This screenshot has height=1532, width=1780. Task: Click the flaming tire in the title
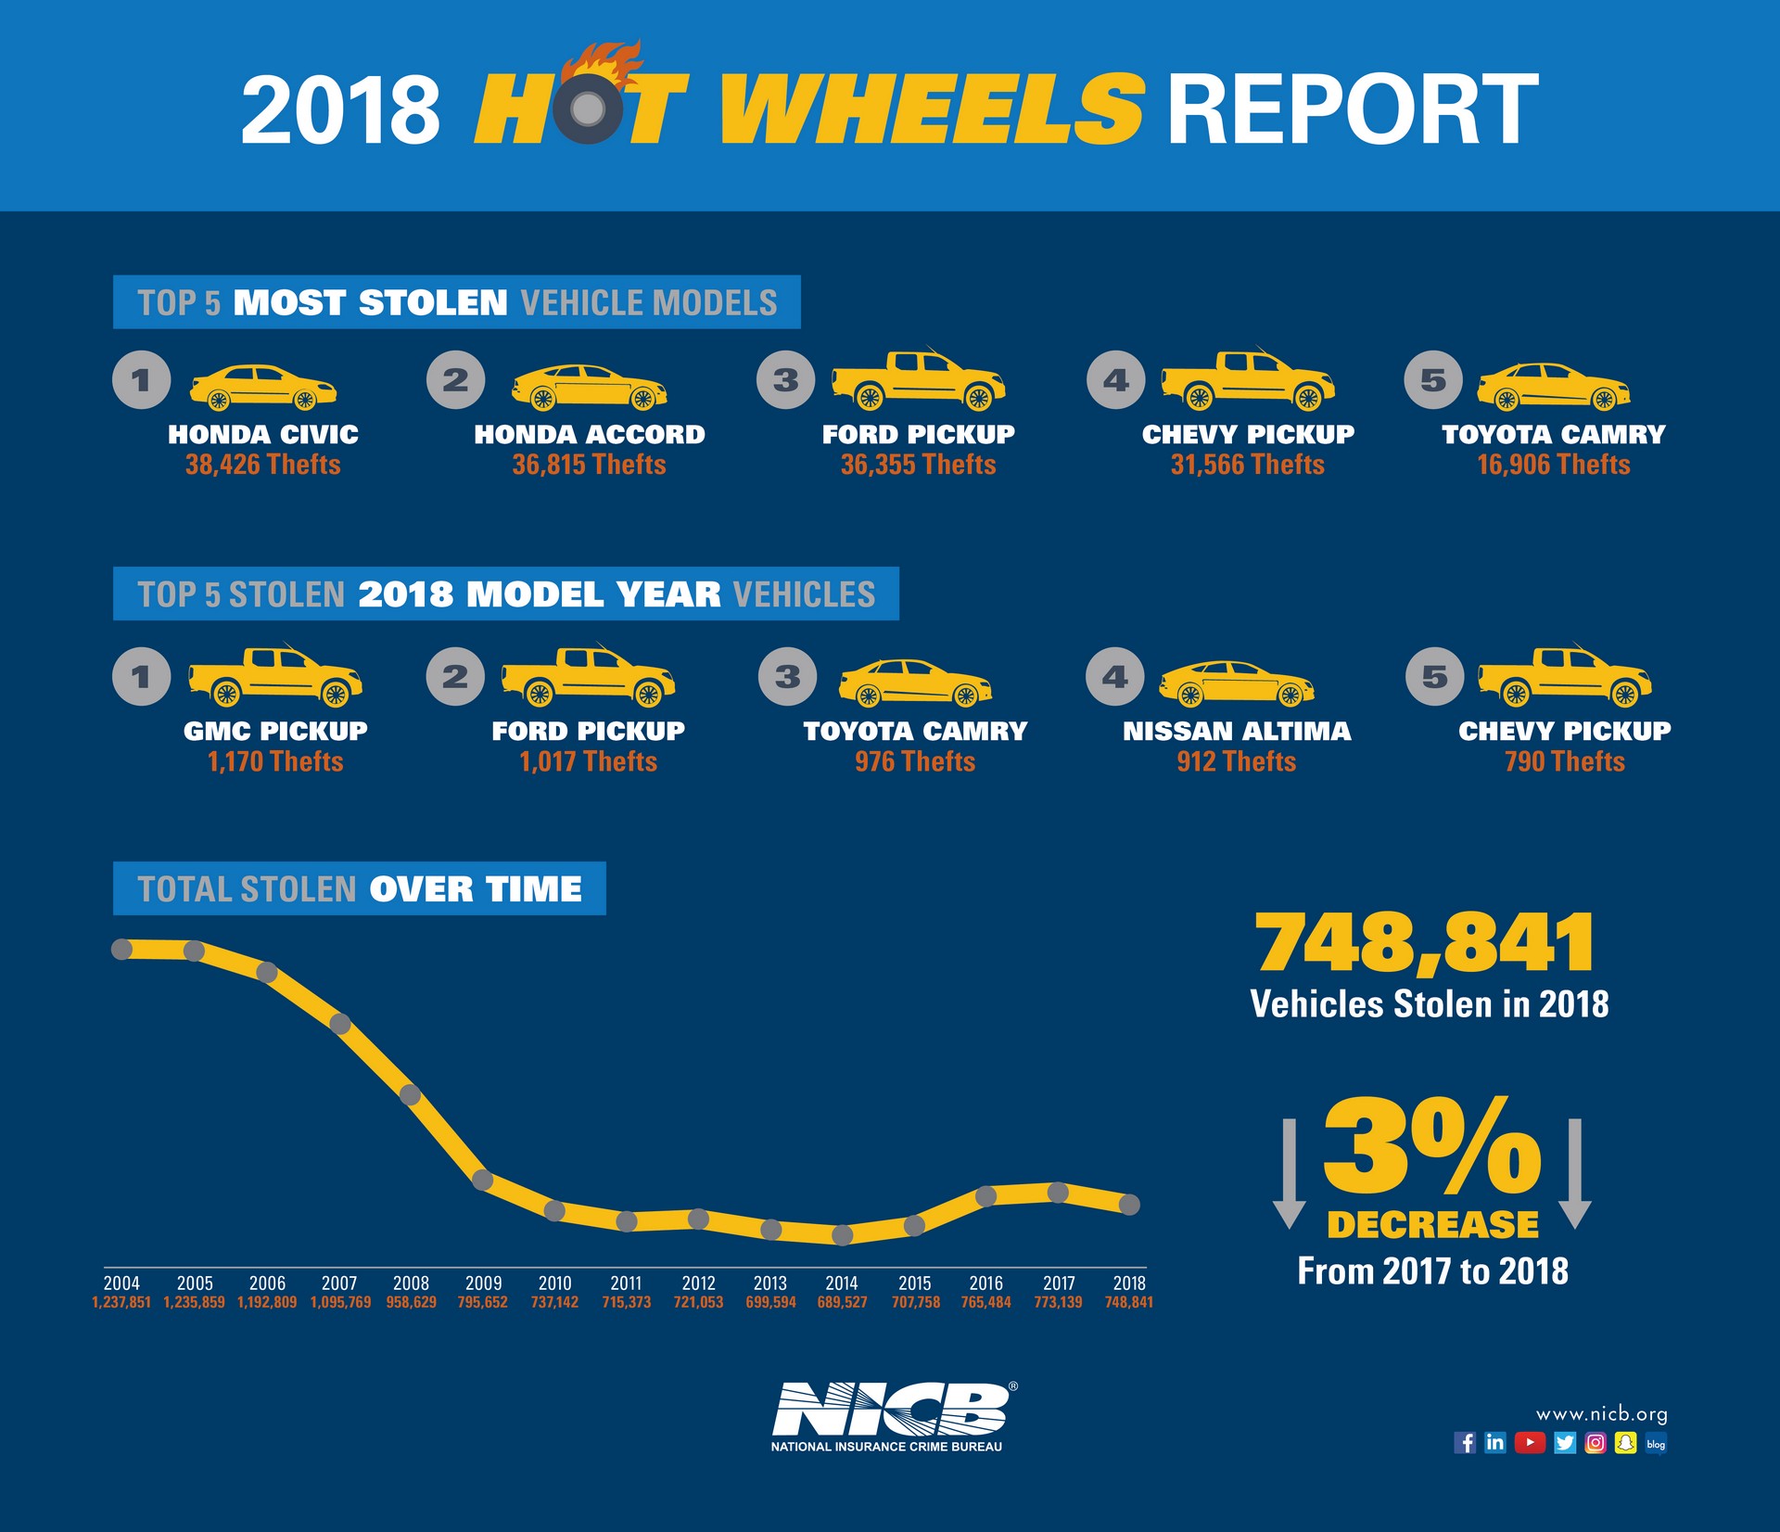(587, 106)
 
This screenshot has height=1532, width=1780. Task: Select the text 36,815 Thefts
(589, 465)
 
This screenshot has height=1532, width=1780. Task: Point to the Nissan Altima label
(1237, 732)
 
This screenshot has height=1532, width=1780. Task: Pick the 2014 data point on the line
(842, 1235)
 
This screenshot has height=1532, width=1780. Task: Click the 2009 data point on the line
(482, 1180)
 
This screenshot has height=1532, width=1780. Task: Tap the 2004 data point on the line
(121, 949)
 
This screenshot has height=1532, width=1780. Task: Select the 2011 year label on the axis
(626, 1283)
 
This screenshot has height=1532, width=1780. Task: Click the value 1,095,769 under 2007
(340, 1303)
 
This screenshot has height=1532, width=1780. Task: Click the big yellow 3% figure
(1431, 1146)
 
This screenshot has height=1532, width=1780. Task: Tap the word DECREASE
(1432, 1225)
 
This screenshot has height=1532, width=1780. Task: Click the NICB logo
(889, 1411)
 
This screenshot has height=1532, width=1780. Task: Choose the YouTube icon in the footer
(1530, 1443)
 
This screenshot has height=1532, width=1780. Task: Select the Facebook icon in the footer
(1465, 1443)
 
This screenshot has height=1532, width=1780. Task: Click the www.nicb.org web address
(1601, 1414)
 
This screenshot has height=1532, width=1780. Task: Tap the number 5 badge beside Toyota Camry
(1433, 380)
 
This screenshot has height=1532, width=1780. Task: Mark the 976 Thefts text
(915, 762)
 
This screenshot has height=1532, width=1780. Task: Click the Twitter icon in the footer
(1565, 1443)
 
